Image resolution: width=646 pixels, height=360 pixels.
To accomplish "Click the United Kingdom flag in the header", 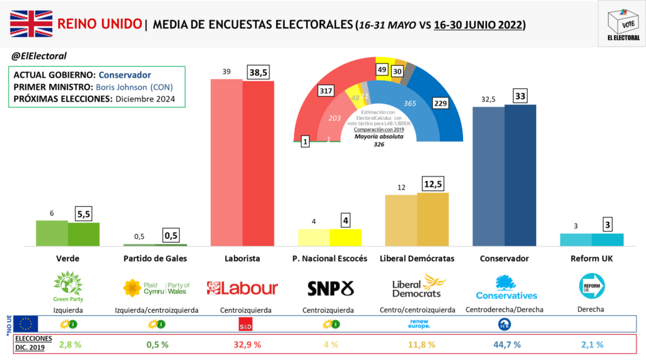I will coord(30,25).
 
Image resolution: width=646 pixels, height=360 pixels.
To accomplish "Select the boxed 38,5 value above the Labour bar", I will coord(258,73).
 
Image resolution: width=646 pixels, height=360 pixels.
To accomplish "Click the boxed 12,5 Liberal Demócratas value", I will coord(433,185).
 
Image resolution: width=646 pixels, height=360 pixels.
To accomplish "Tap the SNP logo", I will coord(331,288).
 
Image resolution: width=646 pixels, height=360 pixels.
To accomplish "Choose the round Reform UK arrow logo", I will coord(592,286).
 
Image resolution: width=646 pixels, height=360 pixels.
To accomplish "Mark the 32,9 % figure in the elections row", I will coord(242,344).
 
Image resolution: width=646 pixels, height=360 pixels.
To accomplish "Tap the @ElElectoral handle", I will coord(39,56).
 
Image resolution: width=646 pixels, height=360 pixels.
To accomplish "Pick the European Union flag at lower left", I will coord(26,324).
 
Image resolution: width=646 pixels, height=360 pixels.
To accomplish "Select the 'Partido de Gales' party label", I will coord(155,258).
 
